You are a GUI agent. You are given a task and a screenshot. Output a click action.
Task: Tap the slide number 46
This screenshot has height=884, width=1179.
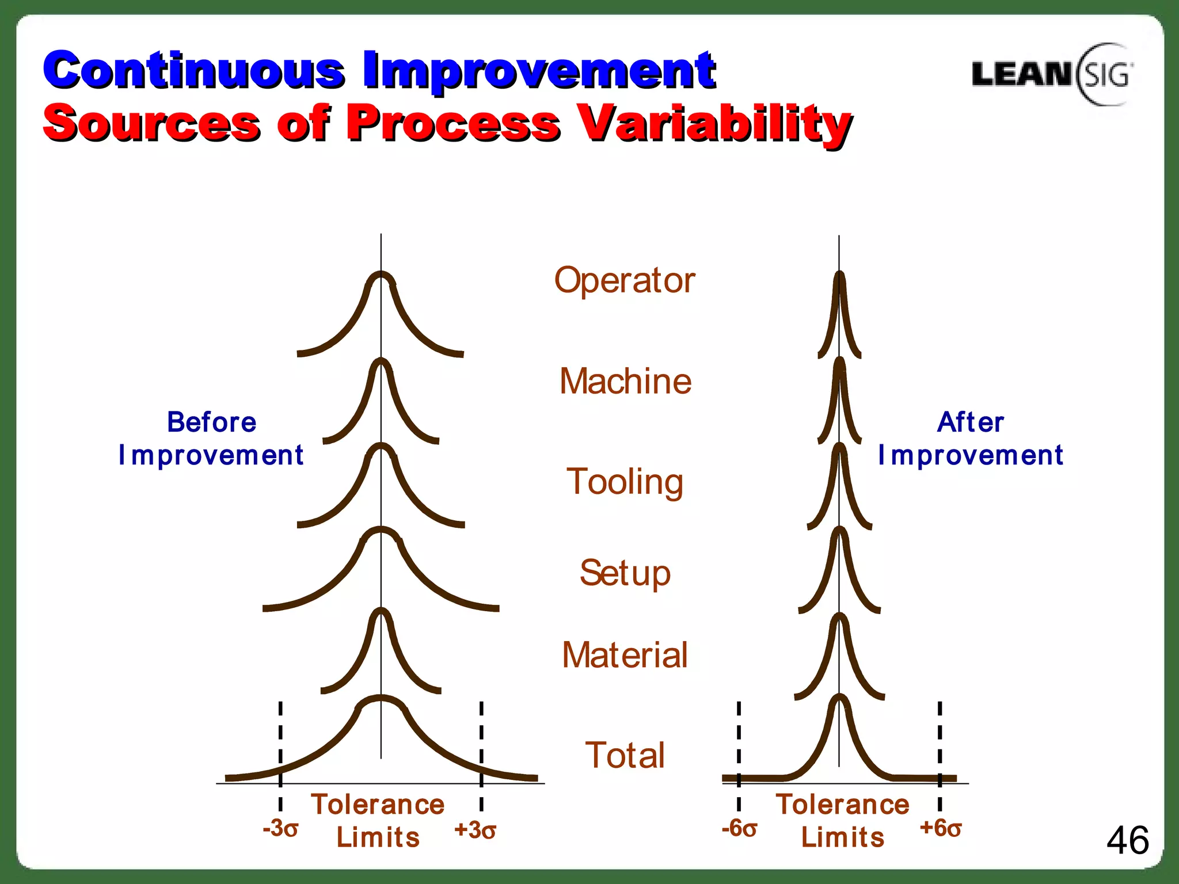tap(1127, 840)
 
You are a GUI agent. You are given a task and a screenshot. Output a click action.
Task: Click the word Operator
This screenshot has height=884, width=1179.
tap(625, 281)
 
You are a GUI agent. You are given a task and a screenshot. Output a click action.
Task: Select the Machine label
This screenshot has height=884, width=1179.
tap(625, 382)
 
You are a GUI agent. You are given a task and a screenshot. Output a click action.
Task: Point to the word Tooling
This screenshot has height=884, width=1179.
tap(625, 482)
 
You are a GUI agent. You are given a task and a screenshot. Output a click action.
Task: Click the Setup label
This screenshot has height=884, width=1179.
tap(625, 573)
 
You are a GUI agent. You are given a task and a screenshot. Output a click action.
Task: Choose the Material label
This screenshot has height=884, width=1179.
tap(625, 655)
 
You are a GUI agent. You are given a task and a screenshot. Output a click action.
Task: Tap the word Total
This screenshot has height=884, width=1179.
tap(625, 755)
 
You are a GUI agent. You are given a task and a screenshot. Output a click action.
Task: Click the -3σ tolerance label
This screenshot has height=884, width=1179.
tap(280, 829)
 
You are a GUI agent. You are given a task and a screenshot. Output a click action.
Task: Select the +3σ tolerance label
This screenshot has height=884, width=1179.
tap(475, 830)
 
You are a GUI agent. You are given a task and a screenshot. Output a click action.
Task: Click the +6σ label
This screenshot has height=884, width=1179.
tap(941, 828)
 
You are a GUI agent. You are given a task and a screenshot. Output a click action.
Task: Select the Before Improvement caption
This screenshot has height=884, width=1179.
tap(211, 439)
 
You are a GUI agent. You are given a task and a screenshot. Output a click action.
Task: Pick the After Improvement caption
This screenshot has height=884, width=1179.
tap(970, 439)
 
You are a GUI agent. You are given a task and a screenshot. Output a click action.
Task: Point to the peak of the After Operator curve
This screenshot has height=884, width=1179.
tap(839, 274)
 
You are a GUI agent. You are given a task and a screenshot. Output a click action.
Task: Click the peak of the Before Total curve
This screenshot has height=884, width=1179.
tap(381, 698)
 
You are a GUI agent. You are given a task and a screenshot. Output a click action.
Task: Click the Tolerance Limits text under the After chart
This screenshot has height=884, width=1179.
tap(842, 821)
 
